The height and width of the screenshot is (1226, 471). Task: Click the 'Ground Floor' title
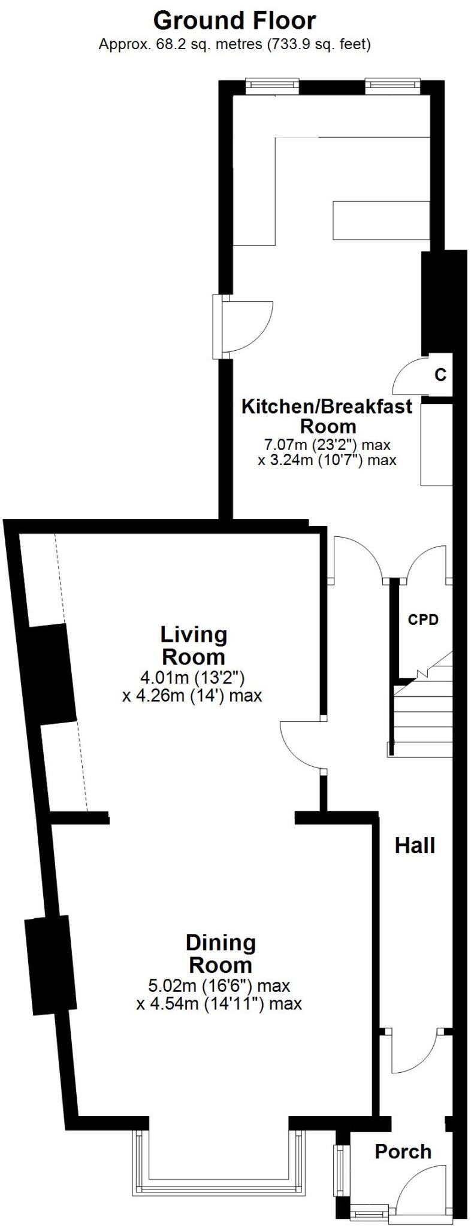[234, 21]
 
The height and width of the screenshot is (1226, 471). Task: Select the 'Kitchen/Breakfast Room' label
[327, 416]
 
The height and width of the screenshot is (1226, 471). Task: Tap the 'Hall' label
[415, 845]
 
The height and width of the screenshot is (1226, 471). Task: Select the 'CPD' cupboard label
[423, 620]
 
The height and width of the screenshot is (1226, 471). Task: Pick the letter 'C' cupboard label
[440, 375]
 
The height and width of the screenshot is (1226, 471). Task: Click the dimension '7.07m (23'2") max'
[327, 445]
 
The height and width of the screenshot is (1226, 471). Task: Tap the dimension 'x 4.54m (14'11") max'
[219, 1004]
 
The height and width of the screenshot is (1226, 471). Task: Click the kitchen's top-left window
[271, 85]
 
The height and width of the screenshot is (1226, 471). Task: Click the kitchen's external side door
[246, 326]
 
